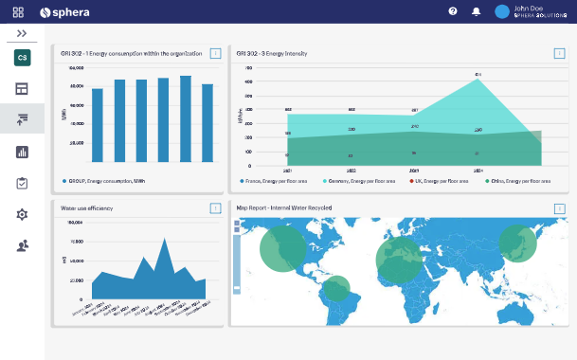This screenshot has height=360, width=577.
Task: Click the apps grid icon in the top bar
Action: tap(18, 11)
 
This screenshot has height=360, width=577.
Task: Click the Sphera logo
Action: tap(63, 11)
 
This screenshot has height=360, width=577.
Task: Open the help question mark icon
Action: tap(453, 11)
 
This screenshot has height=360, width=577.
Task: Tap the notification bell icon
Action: tap(476, 11)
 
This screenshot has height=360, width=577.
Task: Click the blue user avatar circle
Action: tap(502, 11)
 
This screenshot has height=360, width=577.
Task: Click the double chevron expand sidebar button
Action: tap(22, 33)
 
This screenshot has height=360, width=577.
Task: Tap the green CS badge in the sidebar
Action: tap(22, 58)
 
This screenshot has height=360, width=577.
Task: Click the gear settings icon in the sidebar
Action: tap(22, 214)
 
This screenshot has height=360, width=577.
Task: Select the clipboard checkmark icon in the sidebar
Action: tap(22, 183)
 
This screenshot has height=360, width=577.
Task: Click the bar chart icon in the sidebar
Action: tap(22, 152)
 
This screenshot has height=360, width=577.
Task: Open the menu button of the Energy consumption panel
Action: tap(215, 53)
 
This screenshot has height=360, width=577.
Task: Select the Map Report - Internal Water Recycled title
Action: tap(285, 207)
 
